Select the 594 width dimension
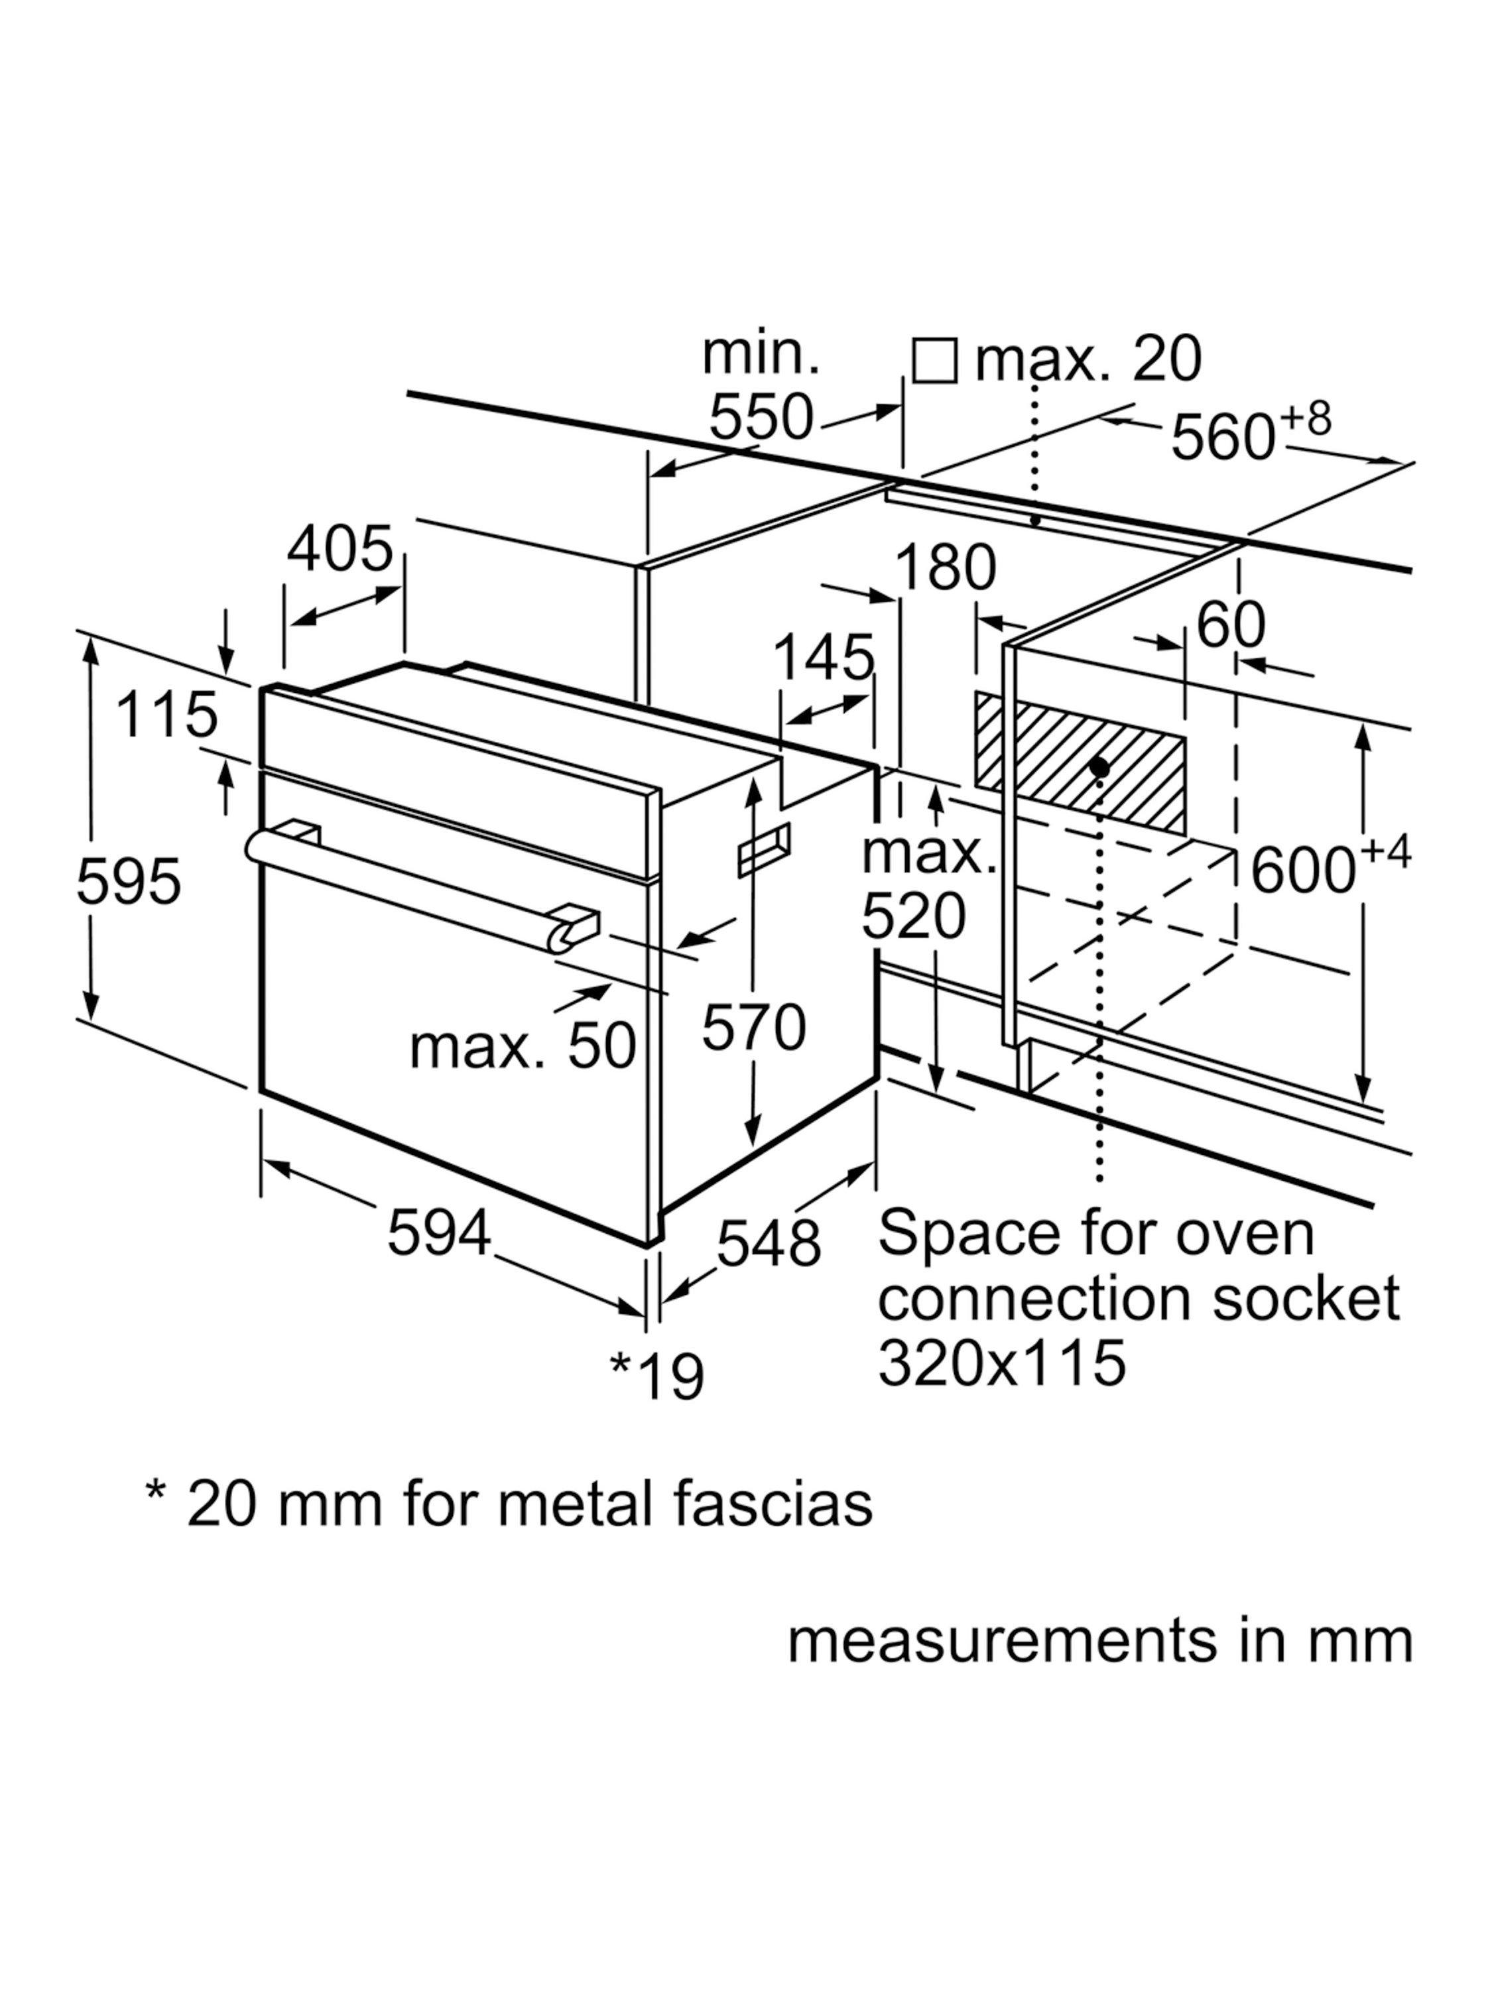tap(439, 1232)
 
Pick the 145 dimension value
tap(823, 656)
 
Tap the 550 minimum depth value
tap(761, 416)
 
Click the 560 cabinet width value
tap(1222, 438)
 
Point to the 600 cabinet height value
tap(1302, 871)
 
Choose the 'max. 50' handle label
tap(523, 1047)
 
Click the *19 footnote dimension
tap(657, 1375)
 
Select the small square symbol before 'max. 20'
tap(934, 361)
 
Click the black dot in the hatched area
tap(1098, 766)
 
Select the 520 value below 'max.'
tap(913, 916)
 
